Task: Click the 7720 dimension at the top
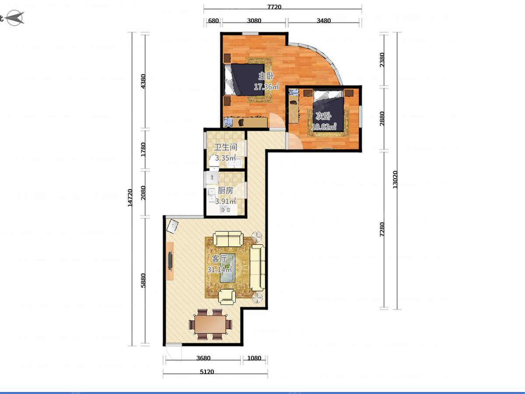(274, 7)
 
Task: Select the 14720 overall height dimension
(130, 198)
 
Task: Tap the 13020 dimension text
(395, 179)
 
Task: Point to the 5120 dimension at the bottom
(207, 372)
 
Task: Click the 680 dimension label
(213, 21)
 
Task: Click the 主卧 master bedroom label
(266, 76)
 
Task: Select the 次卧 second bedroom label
(323, 116)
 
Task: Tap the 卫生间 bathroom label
(226, 147)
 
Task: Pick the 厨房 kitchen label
(225, 190)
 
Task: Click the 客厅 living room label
(219, 259)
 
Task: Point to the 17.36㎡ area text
(266, 86)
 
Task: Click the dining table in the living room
(210, 324)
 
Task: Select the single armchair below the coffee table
(227, 297)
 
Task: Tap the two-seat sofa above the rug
(228, 239)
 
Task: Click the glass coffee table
(227, 268)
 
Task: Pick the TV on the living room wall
(170, 261)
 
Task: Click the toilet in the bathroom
(214, 162)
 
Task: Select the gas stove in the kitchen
(225, 210)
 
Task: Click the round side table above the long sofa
(257, 237)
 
